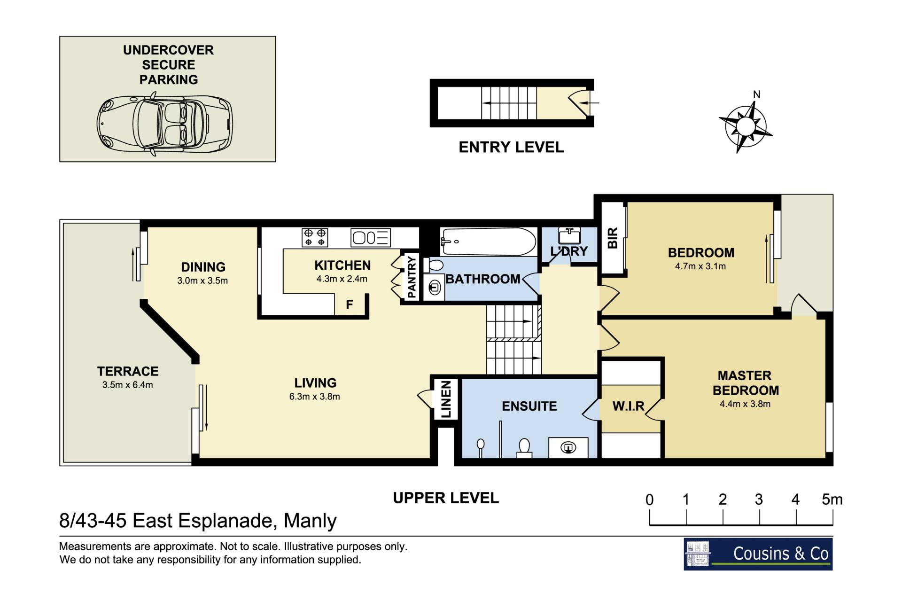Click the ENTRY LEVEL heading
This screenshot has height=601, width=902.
[x=511, y=148]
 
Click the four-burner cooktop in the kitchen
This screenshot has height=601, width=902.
[x=315, y=237]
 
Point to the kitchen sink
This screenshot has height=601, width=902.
[x=370, y=238]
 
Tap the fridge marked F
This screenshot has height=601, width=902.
[x=350, y=304]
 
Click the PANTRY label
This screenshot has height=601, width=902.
[x=412, y=277]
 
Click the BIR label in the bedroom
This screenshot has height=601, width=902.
[x=613, y=238]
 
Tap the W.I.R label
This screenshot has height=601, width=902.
[x=628, y=406]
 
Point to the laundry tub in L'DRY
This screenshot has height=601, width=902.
[x=569, y=236]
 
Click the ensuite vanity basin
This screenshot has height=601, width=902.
[x=568, y=447]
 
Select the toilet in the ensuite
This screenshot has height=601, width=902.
[x=524, y=448]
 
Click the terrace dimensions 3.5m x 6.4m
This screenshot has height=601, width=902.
[x=128, y=385]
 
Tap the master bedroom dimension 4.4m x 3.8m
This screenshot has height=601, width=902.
[x=745, y=404]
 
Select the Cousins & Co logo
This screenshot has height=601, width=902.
[x=758, y=554]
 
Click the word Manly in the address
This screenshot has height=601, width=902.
[x=310, y=521]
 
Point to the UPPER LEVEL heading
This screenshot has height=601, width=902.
[x=446, y=498]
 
